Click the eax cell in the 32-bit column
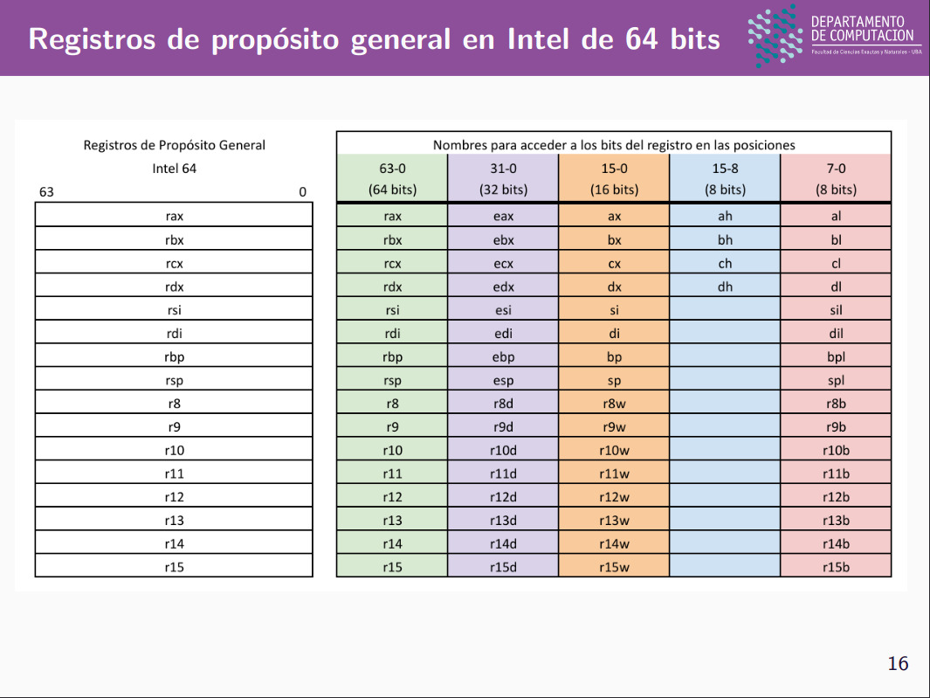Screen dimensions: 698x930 (503, 217)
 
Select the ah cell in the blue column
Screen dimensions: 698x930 (725, 217)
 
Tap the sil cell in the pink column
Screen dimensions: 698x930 (836, 310)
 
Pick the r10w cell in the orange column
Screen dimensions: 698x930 (614, 451)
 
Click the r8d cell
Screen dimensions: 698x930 (503, 404)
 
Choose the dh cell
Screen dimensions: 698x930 (725, 287)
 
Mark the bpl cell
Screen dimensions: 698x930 (836, 356)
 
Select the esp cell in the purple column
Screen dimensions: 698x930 (503, 380)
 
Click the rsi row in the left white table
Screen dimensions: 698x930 (174, 310)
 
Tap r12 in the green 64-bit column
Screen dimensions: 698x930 (392, 497)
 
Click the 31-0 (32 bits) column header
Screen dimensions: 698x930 (503, 178)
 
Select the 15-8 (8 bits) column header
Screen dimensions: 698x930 (725, 178)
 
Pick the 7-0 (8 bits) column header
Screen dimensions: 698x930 (836, 178)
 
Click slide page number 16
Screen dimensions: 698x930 (898, 664)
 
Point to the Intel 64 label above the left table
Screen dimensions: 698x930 (174, 169)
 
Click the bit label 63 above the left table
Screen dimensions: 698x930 (46, 191)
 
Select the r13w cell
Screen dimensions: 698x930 (614, 521)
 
